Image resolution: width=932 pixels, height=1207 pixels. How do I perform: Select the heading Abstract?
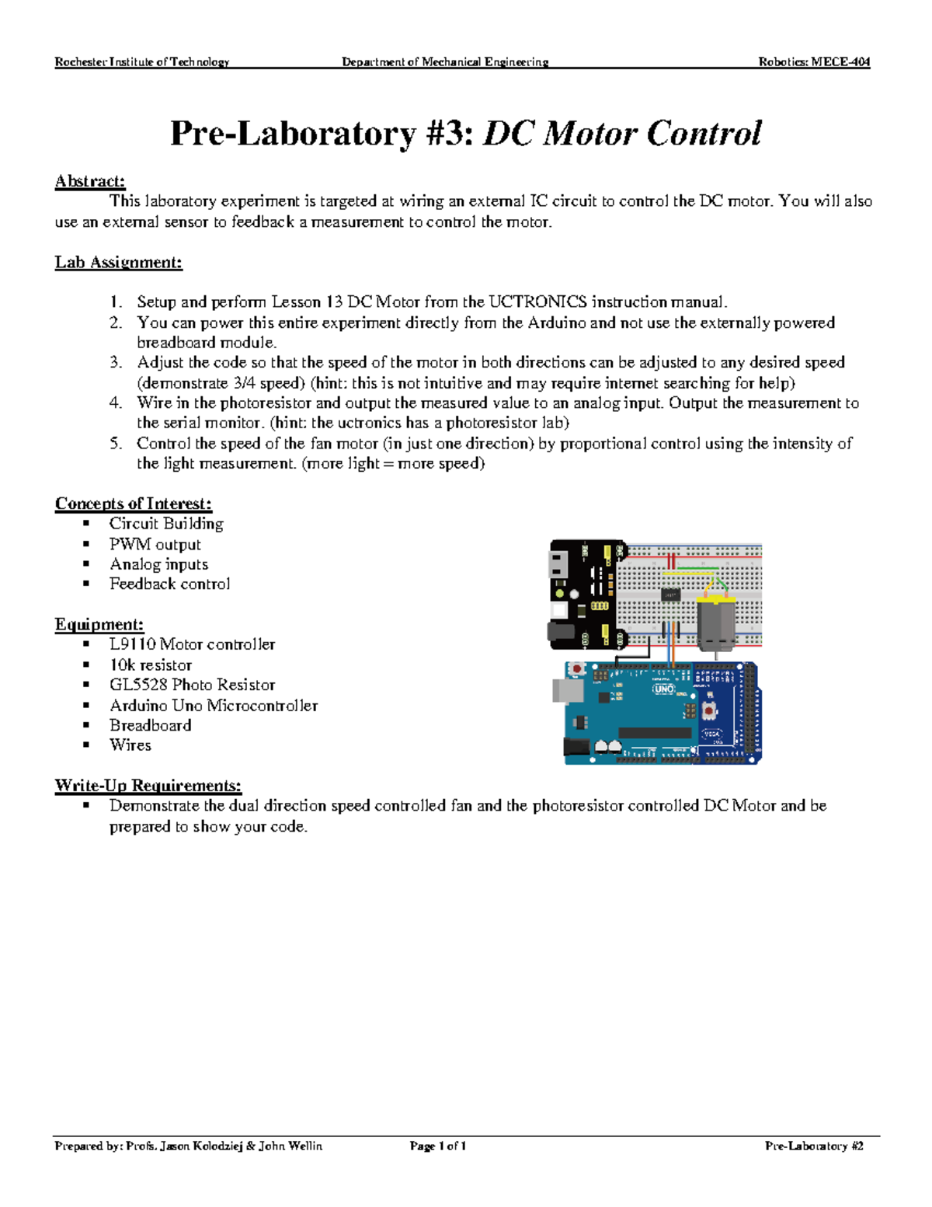89,181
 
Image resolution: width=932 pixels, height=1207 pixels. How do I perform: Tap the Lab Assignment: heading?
118,263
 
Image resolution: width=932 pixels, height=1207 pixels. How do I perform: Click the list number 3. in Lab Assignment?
116,363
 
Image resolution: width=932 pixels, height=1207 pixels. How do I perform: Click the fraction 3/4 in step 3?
243,383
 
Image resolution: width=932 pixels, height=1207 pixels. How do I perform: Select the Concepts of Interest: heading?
133,504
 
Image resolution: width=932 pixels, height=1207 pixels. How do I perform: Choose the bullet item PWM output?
155,545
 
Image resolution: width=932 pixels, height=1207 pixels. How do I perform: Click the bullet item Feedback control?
169,584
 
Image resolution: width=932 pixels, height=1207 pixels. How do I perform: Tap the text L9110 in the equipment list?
132,644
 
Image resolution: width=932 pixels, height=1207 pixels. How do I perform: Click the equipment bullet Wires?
130,745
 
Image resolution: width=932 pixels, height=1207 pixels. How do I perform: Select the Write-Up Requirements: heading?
148,786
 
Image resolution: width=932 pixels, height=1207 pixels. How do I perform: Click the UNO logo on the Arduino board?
664,689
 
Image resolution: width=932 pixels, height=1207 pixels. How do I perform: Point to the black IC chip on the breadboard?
670,595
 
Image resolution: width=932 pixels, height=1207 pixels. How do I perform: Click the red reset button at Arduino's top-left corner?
577,668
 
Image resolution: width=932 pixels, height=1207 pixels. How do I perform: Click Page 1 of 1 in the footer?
437,1146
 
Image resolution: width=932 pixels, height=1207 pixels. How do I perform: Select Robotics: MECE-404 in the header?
814,62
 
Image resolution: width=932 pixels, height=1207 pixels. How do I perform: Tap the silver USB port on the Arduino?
563,690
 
